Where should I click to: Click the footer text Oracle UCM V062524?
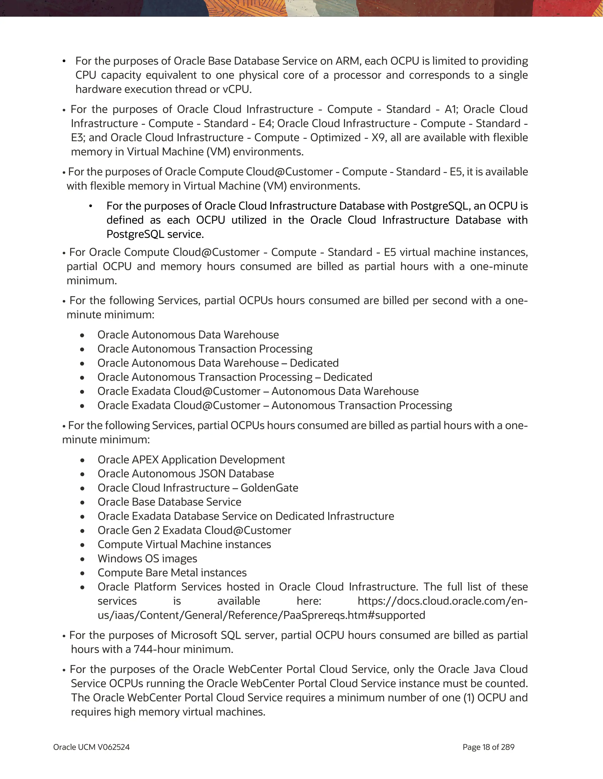click(x=91, y=747)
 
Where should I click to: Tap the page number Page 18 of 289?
click(x=488, y=747)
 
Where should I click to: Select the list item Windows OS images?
click(x=147, y=559)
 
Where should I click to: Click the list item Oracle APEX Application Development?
click(x=191, y=459)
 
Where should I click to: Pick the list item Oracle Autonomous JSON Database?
click(x=186, y=474)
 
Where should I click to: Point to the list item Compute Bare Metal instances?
click(x=172, y=572)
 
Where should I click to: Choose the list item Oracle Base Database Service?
click(x=169, y=502)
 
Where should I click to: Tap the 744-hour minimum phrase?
click(x=183, y=649)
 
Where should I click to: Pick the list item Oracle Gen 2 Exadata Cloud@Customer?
click(x=194, y=530)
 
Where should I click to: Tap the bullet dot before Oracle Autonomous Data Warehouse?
click(x=82, y=335)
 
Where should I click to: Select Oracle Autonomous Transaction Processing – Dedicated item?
click(x=235, y=377)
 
